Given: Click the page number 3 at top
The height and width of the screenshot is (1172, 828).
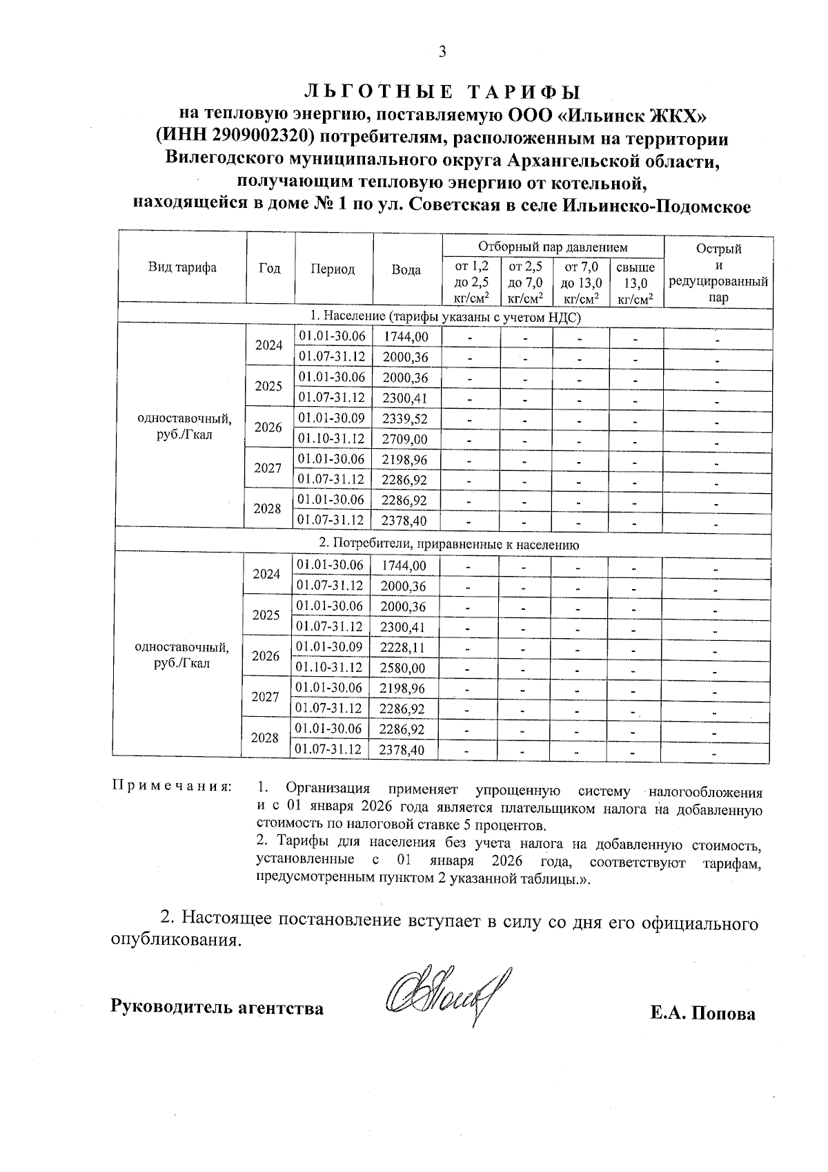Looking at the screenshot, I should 442,52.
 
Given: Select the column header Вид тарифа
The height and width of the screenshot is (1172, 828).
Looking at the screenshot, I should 182,268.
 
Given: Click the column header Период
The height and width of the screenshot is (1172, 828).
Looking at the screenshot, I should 333,269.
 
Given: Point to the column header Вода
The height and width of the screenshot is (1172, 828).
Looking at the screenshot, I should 406,270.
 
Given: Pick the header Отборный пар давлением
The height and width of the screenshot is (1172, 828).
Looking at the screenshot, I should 553,247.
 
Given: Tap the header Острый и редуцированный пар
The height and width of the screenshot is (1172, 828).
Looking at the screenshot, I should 718,273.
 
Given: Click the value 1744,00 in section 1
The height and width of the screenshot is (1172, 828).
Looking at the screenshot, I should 406,337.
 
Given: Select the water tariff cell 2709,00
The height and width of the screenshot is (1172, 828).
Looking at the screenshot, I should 406,439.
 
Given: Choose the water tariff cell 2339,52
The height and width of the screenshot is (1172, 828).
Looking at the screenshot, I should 406,419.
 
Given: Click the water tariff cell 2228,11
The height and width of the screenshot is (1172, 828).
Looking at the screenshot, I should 404,648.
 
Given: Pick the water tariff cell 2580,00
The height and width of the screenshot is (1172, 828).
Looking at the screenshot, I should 404,669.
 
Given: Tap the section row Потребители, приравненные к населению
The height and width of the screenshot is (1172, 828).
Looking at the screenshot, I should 442,544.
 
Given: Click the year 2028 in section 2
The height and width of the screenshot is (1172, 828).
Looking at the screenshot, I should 265,738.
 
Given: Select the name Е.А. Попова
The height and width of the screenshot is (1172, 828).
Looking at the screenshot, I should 702,1013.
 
